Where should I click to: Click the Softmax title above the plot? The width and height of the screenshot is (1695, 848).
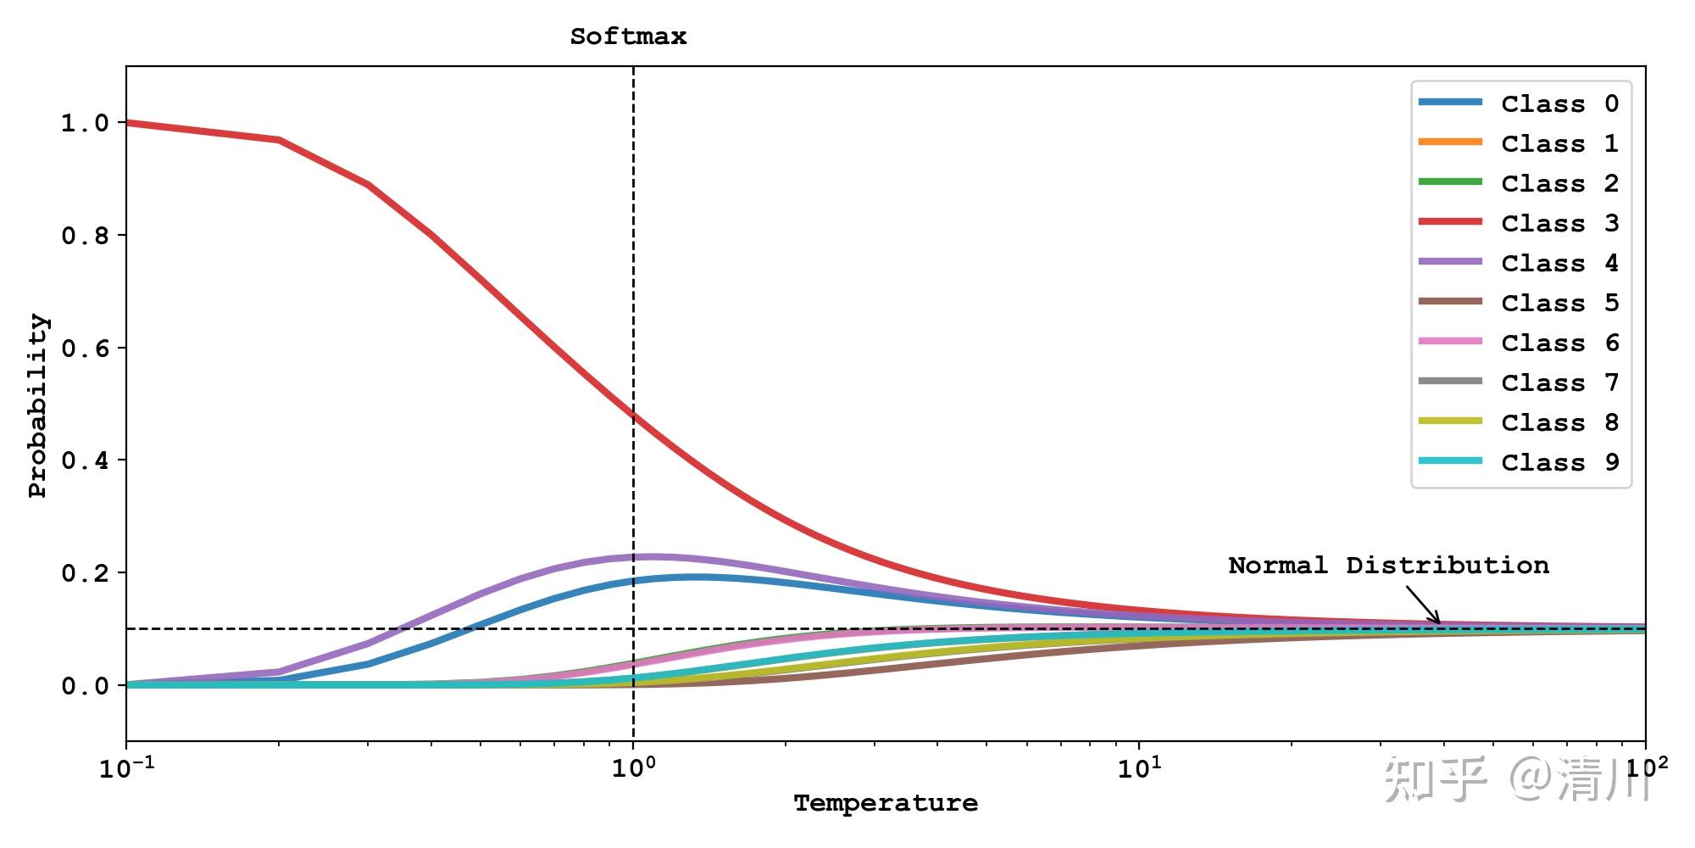coord(628,36)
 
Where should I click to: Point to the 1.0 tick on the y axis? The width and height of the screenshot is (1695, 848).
coord(85,123)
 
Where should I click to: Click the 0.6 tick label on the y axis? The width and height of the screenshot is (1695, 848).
coord(85,348)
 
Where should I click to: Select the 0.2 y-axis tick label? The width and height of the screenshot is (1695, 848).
coord(85,573)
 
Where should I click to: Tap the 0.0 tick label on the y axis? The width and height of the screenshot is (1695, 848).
coord(85,685)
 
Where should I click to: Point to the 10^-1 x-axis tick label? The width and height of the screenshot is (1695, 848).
coord(126,768)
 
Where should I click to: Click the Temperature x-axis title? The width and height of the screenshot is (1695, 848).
coord(886,803)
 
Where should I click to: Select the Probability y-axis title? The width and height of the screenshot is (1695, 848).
coord(38,405)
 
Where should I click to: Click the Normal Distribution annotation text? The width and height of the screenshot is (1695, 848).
coord(1388,566)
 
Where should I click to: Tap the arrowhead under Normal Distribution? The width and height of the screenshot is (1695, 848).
coord(1437,622)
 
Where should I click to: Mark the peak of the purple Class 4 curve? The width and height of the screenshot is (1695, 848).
coord(653,556)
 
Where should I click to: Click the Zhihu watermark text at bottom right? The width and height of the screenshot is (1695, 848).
coord(1517,778)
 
